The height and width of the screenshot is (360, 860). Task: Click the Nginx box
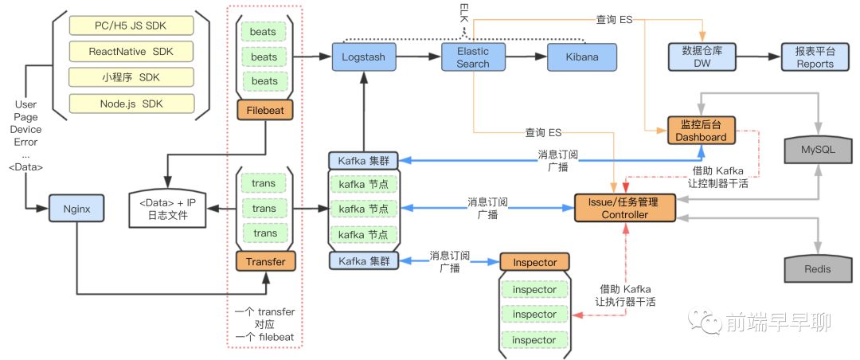click(x=76, y=209)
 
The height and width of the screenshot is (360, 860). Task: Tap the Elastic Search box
click(x=473, y=58)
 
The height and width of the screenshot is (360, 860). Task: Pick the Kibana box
click(x=582, y=58)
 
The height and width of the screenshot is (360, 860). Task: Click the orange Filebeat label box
click(x=264, y=108)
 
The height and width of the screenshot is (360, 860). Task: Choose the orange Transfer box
click(x=264, y=260)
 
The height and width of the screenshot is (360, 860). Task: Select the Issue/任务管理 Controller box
click(x=625, y=209)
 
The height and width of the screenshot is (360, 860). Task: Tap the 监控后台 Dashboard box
click(x=702, y=131)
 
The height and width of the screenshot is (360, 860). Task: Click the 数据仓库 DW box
click(x=702, y=58)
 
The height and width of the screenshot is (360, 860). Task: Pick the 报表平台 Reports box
click(x=815, y=58)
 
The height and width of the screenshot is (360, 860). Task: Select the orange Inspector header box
click(x=534, y=261)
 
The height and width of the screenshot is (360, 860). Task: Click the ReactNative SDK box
click(x=131, y=53)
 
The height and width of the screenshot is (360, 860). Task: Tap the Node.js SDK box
click(x=131, y=104)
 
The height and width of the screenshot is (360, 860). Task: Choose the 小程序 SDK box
click(x=131, y=78)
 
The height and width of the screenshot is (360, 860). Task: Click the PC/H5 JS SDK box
click(x=131, y=27)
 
